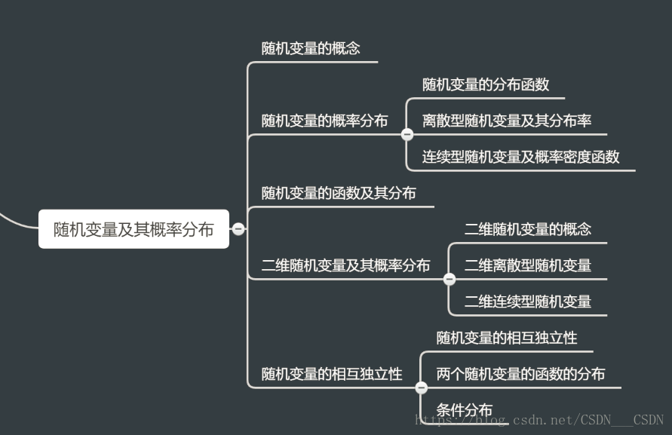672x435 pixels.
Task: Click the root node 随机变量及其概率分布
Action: pos(133,229)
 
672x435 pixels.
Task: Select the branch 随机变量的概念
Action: pos(311,49)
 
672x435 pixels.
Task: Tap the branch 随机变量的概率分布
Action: pos(324,121)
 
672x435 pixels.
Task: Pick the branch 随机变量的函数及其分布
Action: pos(339,193)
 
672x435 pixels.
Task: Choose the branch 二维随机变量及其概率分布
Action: pos(345,265)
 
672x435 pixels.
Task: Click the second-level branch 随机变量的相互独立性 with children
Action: pos(332,374)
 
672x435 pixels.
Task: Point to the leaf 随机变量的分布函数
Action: pos(486,84)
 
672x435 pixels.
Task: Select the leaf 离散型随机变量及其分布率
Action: pos(507,121)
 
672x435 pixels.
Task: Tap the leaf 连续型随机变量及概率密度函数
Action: pos(521,157)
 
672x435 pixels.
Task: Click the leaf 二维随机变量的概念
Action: pos(528,229)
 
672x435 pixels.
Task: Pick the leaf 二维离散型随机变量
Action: pos(528,265)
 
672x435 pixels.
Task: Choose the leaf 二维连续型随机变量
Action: pos(528,302)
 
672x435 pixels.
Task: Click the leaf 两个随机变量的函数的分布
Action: pos(520,374)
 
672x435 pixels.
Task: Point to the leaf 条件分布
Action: pos(465,410)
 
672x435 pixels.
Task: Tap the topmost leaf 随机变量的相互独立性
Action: pos(507,338)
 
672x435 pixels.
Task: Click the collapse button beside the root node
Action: pos(238,229)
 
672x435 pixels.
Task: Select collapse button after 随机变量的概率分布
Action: pos(407,134)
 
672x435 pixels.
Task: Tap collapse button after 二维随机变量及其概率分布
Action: pos(450,279)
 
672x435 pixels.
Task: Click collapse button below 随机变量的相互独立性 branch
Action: pos(422,388)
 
